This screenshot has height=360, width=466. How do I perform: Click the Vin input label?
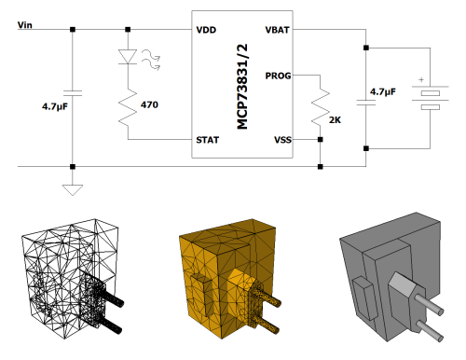pos(25,25)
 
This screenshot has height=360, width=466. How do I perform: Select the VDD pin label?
pos(206,30)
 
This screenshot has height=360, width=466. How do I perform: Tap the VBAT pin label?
pos(277,30)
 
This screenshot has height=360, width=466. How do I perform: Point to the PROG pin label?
pos(278,76)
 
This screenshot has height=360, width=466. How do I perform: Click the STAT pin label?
pos(208,140)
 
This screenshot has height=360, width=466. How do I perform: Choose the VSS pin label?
pos(282,140)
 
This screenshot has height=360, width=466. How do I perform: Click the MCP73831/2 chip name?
pos(242,87)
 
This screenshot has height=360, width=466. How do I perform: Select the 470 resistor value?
pos(149,104)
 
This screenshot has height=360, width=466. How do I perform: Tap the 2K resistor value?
pos(335,120)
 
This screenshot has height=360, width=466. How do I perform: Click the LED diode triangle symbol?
pos(128,57)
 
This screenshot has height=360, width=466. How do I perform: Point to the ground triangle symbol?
pos(73,190)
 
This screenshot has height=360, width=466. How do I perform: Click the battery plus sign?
pos(421,80)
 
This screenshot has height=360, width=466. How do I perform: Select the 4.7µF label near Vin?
pos(55,107)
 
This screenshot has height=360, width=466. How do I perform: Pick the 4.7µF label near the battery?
pos(383,92)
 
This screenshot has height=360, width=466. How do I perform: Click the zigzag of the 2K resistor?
pos(321,107)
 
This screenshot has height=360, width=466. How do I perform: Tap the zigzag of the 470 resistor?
pos(128,107)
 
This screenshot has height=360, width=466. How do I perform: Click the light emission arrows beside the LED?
pos(151,61)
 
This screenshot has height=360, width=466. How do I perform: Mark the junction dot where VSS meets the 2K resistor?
pos(321,140)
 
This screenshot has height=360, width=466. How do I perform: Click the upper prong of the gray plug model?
pos(430,303)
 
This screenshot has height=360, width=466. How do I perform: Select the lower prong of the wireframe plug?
pos(111,325)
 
